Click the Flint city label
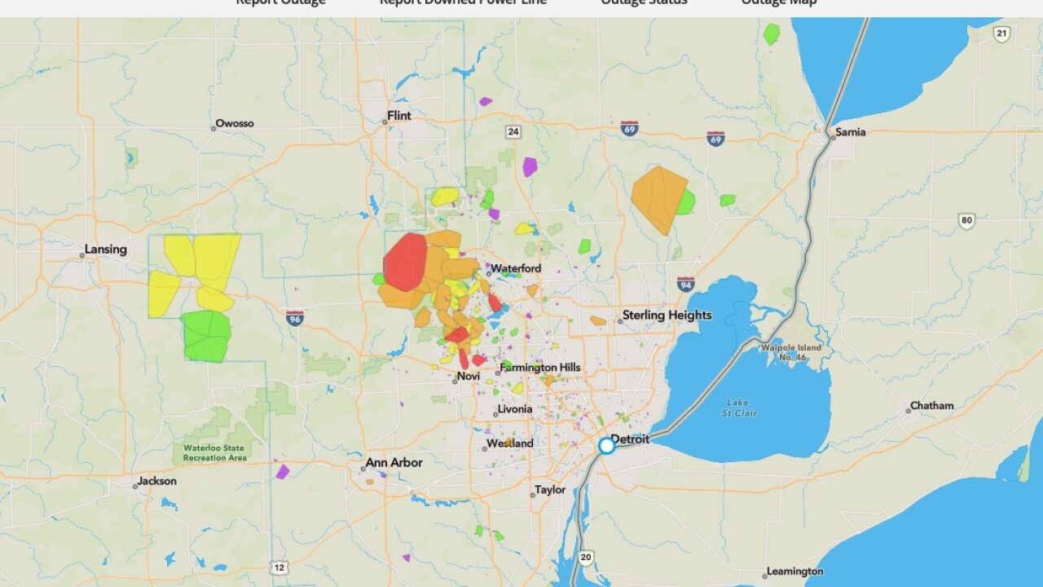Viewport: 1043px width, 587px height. (x=398, y=116)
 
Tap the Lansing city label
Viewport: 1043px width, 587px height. (x=105, y=249)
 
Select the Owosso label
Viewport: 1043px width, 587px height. (x=234, y=124)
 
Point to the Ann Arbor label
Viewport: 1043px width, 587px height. (x=394, y=462)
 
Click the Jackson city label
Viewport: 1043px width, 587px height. (x=156, y=481)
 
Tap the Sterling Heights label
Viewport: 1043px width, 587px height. (x=667, y=315)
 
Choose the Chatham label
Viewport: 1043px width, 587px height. (x=931, y=406)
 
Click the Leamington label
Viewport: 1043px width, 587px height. (x=794, y=572)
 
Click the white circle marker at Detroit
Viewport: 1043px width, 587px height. (x=606, y=446)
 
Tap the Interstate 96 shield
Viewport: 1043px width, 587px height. (x=295, y=317)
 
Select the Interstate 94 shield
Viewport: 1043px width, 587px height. (x=685, y=285)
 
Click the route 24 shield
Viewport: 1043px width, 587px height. (x=513, y=132)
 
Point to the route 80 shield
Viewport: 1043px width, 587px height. (x=966, y=220)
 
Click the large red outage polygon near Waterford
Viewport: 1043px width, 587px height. (x=405, y=262)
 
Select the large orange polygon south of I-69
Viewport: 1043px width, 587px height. (x=657, y=198)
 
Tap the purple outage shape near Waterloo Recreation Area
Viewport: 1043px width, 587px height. (x=282, y=471)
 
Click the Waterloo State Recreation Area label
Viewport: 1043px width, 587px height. (x=214, y=453)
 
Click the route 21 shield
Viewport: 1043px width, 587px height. (x=1001, y=33)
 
